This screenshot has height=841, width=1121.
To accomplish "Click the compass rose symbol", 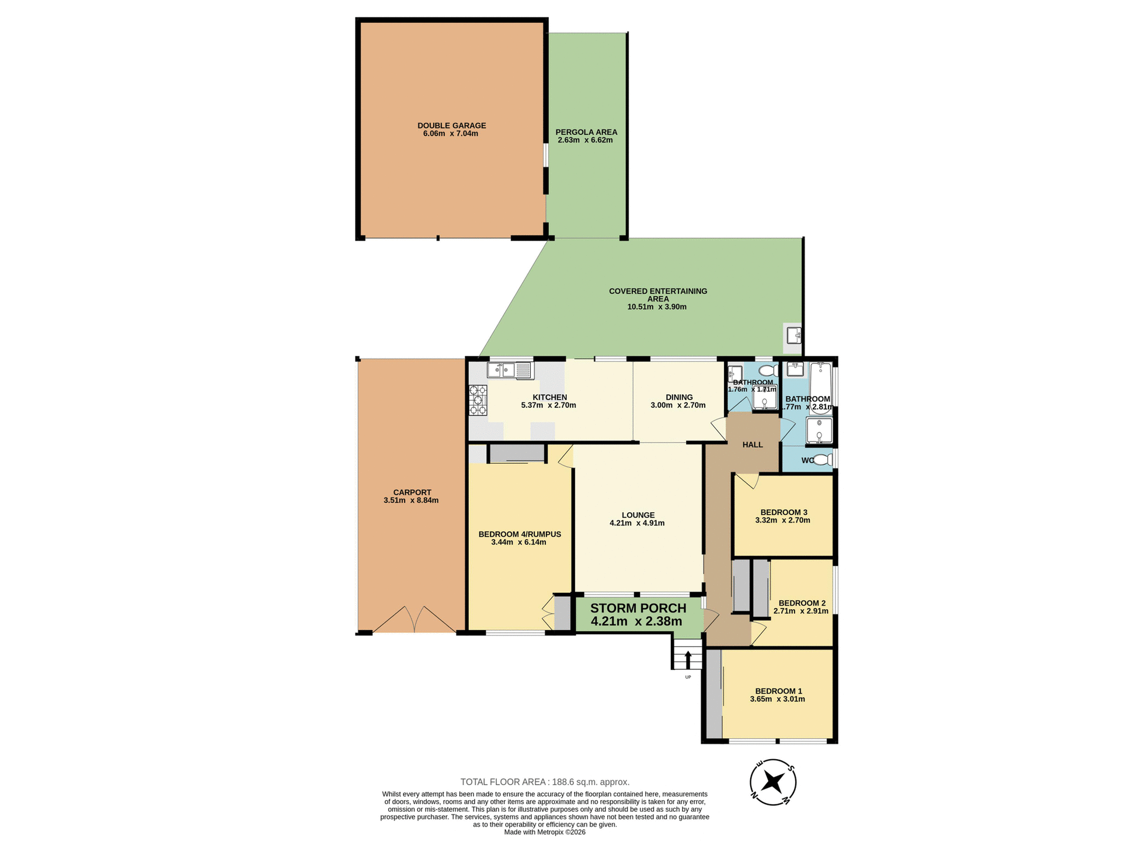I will coord(772,781).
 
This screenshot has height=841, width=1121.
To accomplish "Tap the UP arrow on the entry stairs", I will coord(688,660).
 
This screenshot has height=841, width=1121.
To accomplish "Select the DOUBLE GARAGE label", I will coord(451,126).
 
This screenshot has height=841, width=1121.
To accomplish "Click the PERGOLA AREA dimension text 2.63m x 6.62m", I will coord(585,140).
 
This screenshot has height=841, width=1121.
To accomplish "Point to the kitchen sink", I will coord(502,370).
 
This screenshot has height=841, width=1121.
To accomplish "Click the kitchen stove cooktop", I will coord(478,400).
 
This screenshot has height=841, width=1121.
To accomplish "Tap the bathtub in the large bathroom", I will coord(821,388).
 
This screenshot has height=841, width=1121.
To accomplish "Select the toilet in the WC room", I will coord(823,460).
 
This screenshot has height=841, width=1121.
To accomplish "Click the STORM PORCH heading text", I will coord(638,608).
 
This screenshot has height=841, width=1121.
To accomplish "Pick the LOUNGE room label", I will coord(638,515).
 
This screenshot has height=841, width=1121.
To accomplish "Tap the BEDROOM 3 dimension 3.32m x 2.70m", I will coord(782,520).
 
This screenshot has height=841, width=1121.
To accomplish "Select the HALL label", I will coord(753,444).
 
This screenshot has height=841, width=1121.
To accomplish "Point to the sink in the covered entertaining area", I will coord(793,336).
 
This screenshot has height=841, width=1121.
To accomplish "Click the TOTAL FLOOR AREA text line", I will coord(545,782).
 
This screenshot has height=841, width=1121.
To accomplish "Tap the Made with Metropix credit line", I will coord(545,832).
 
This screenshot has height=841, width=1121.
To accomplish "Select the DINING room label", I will coord(679,397).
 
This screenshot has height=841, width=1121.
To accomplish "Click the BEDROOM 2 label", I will coord(802,603).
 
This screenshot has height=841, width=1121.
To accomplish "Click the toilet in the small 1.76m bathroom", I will coord(769,370).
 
